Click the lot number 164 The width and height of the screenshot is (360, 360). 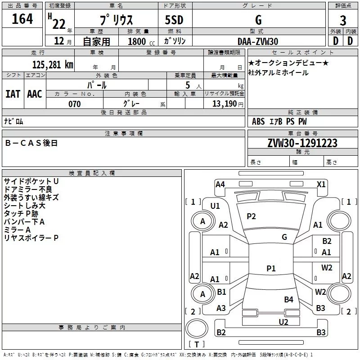[x=22, y=19]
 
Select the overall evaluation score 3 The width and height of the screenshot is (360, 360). [x=343, y=21]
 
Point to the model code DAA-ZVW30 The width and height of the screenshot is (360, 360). [x=258, y=41]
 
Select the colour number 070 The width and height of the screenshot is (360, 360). [x=74, y=104]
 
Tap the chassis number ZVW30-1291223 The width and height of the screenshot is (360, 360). [x=302, y=143]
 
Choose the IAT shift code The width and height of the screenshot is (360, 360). [x=13, y=94]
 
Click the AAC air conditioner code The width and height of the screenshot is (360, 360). [x=35, y=94]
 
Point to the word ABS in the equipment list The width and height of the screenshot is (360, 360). [x=258, y=121]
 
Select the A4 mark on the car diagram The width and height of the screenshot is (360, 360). [x=220, y=184]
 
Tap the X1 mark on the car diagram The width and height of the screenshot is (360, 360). [x=321, y=184]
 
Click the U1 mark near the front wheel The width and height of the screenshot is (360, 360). [x=215, y=206]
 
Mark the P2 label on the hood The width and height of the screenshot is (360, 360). [x=251, y=216]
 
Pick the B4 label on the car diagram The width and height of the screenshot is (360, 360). [x=288, y=299]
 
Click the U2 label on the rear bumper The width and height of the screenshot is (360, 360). [x=283, y=322]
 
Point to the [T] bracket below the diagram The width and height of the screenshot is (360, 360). [x=196, y=345]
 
